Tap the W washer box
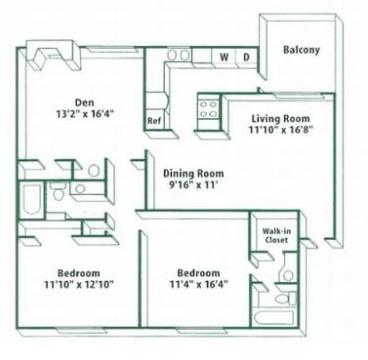point(224,58)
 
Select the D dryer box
point(246,58)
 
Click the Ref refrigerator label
point(153,121)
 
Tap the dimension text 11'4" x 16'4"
point(198,287)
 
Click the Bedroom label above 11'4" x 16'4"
point(198,272)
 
